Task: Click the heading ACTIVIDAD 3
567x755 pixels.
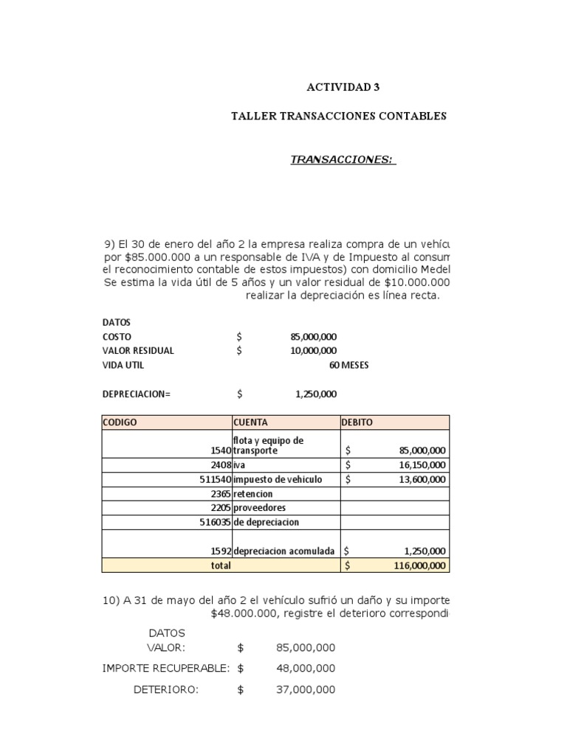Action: coord(343,87)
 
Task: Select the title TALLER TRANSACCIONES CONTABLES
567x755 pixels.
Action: coord(339,116)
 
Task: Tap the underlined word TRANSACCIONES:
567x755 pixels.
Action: coord(343,160)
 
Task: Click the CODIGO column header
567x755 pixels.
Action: coord(120,422)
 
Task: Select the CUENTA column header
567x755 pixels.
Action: coord(250,422)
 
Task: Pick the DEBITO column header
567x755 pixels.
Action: coord(357,422)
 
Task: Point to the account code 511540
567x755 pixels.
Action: coord(210,479)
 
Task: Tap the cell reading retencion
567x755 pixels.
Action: coord(253,494)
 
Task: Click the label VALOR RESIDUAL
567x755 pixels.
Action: coord(138,351)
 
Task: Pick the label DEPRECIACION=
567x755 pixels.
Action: coord(136,394)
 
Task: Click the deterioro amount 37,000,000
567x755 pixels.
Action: coord(306,690)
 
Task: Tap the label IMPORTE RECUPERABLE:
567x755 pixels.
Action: coord(166,668)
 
